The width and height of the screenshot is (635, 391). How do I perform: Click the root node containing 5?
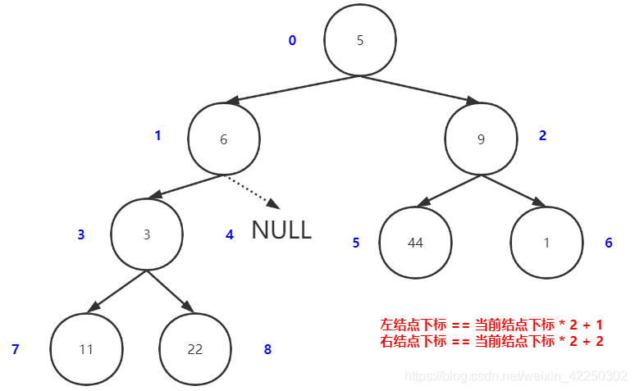[360, 41]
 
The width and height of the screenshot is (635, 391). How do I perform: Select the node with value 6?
[223, 139]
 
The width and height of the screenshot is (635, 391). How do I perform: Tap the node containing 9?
[481, 139]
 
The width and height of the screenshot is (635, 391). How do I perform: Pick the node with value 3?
[147, 234]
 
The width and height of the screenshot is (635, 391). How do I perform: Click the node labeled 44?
[415, 243]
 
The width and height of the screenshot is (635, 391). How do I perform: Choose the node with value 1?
[546, 243]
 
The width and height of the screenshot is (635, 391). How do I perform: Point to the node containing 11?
[86, 349]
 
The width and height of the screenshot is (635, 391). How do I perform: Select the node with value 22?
[194, 349]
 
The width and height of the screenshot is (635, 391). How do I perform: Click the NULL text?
[281, 230]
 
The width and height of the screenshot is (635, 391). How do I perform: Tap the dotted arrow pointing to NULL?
[252, 191]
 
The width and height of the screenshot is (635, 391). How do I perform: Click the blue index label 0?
[292, 40]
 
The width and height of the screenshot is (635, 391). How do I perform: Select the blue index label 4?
[229, 234]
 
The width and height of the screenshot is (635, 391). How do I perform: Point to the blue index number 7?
[15, 349]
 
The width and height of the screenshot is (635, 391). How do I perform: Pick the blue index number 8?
[267, 349]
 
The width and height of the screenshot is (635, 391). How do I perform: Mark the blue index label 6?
[609, 243]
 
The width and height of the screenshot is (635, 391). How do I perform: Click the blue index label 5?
[356, 243]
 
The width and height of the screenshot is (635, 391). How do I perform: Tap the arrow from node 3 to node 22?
[171, 291]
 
